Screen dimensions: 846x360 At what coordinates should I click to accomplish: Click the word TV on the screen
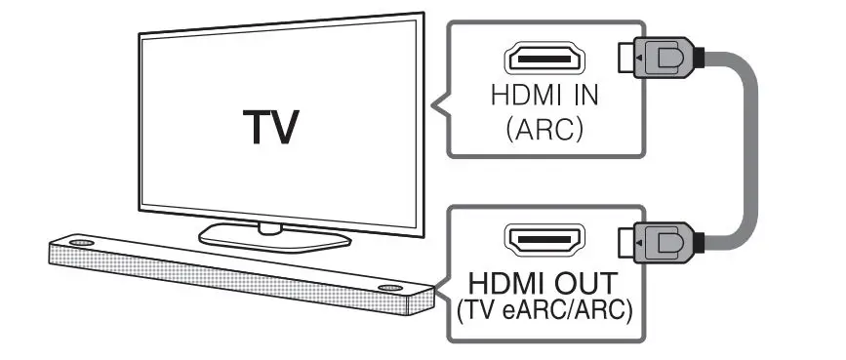click(272, 126)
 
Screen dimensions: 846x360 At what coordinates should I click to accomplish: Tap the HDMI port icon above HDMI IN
click(544, 60)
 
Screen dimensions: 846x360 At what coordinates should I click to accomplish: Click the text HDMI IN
click(544, 98)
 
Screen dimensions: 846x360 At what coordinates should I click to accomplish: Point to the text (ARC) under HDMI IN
click(544, 129)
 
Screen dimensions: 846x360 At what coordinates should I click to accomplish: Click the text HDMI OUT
click(544, 284)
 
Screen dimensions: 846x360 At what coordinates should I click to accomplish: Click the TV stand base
click(274, 236)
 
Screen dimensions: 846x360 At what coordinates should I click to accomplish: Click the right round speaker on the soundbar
click(390, 289)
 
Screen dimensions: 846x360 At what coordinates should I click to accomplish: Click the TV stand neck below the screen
click(271, 226)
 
